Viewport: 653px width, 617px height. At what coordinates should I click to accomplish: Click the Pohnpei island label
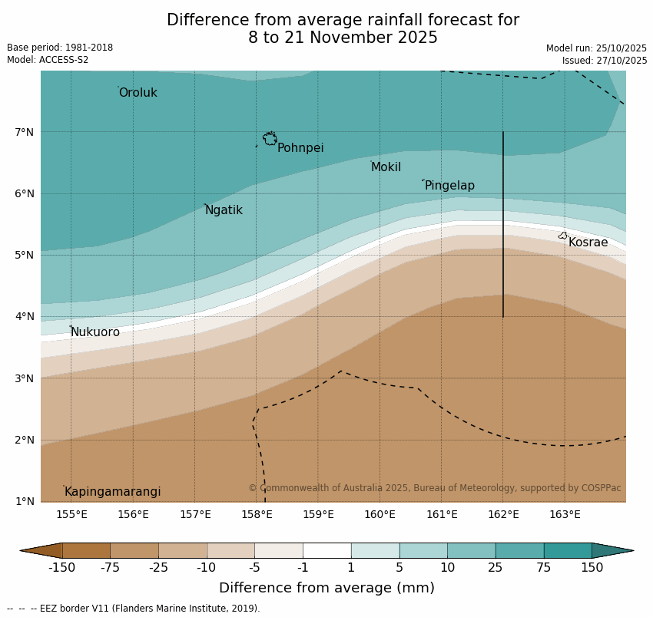click(300, 148)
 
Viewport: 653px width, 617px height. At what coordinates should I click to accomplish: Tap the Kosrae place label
click(588, 243)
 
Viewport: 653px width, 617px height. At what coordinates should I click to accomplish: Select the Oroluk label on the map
click(138, 93)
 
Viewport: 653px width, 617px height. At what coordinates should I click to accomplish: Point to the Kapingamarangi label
click(112, 492)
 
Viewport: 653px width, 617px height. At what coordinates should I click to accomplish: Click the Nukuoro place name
click(95, 332)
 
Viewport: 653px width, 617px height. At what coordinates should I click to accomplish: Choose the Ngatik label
click(224, 210)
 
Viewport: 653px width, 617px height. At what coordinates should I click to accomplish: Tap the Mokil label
click(386, 167)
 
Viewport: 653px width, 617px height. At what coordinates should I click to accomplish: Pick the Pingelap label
click(449, 186)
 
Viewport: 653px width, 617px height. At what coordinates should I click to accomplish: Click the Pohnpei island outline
click(270, 139)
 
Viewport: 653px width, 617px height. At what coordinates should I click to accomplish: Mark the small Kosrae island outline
click(562, 236)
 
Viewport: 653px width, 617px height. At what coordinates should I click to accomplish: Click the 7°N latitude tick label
click(25, 132)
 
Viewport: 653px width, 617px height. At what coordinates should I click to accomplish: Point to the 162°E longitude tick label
click(503, 514)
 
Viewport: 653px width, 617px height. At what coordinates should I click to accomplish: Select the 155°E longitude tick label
click(71, 514)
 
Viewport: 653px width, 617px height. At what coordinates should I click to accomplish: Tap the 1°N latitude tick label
click(25, 501)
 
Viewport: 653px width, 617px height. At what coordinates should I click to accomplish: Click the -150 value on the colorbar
click(61, 568)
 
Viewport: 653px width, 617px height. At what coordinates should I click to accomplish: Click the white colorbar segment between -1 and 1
click(326, 550)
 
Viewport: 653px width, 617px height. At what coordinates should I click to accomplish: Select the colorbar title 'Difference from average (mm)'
click(326, 589)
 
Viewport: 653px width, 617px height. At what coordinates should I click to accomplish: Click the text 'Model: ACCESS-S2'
click(48, 60)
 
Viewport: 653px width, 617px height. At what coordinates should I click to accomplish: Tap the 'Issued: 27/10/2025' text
click(604, 61)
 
